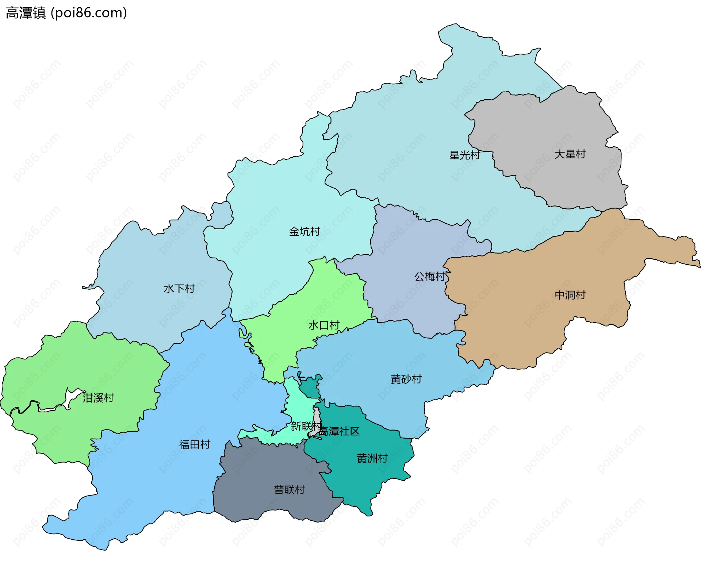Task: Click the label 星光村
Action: tap(464, 155)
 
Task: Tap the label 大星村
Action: tap(570, 154)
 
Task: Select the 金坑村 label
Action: tap(304, 231)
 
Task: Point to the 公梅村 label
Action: tap(430, 276)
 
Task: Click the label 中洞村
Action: tap(570, 295)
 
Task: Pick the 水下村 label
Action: tap(179, 289)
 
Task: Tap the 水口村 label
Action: tap(324, 325)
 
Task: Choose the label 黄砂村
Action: tap(406, 379)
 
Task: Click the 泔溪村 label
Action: tap(98, 398)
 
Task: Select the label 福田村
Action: tap(195, 444)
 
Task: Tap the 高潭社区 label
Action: tap(339, 431)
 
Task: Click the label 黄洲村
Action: tap(372, 458)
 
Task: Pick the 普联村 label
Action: tap(289, 490)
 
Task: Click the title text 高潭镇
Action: tap(26, 13)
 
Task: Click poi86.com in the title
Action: tap(89, 13)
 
